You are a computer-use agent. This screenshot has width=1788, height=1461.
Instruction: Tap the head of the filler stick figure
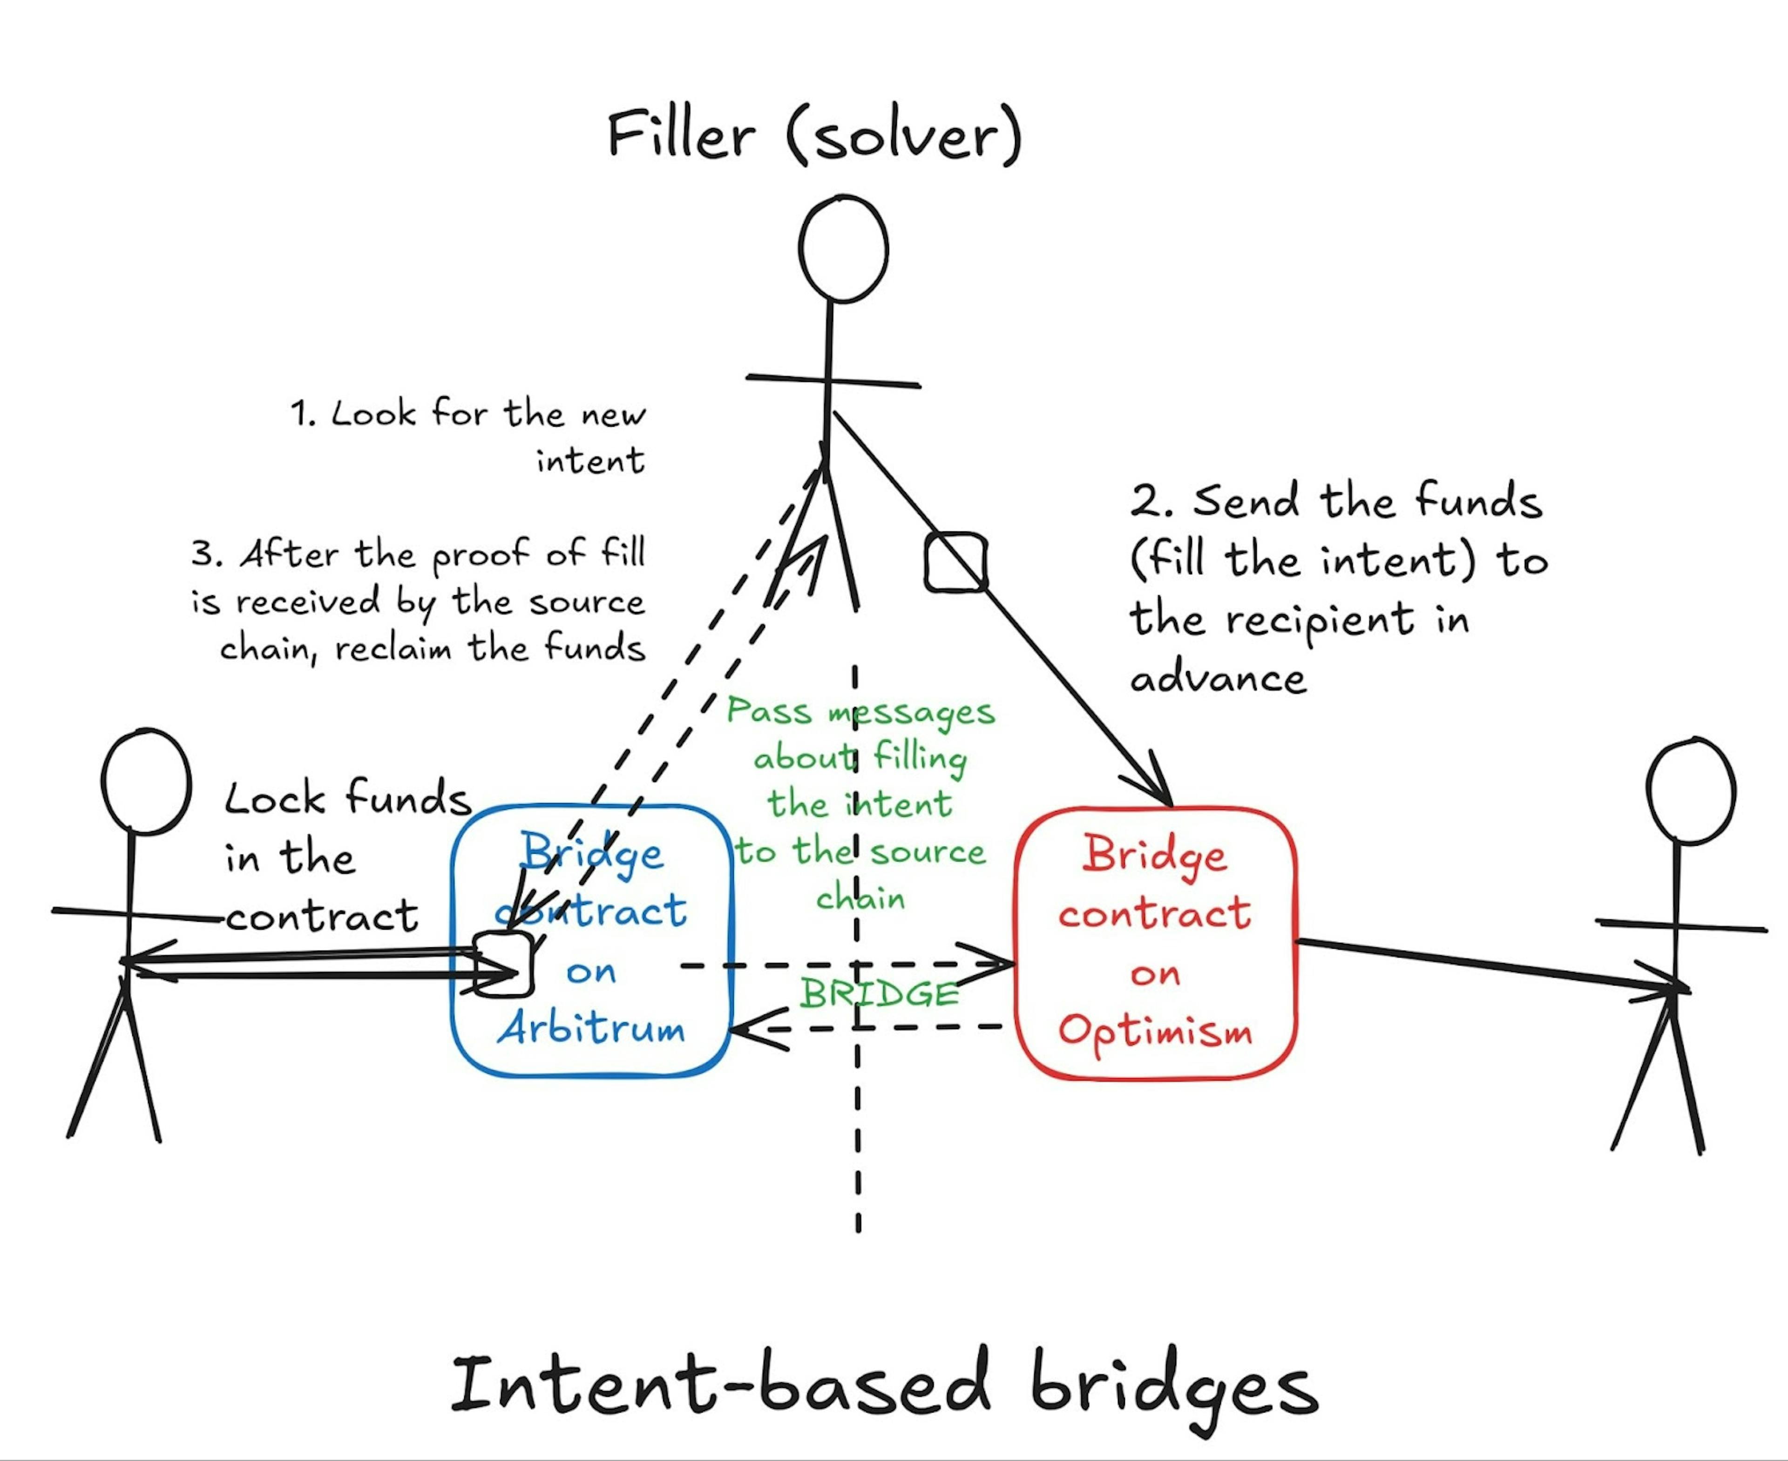(x=843, y=249)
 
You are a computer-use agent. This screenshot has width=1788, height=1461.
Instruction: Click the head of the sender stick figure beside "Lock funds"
(x=146, y=782)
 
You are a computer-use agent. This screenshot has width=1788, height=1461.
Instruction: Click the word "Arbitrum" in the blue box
(x=591, y=1027)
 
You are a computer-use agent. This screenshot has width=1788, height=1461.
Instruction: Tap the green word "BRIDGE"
(x=879, y=994)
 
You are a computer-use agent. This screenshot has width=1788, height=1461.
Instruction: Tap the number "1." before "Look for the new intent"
(x=303, y=414)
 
